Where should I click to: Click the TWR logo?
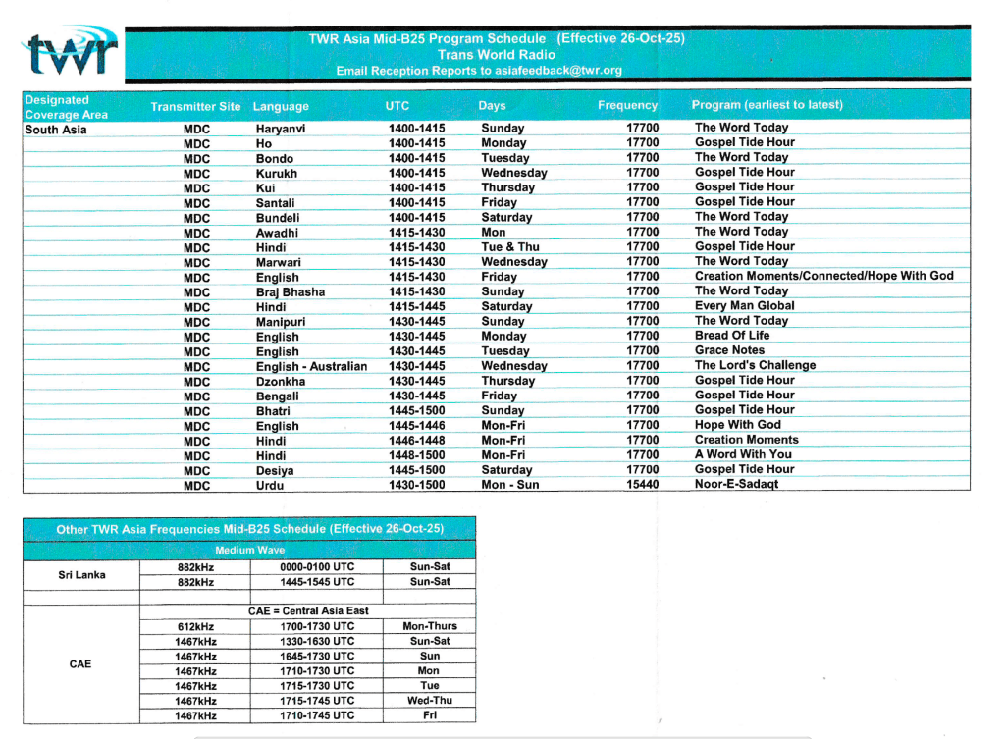(x=71, y=54)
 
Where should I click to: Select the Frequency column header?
(x=627, y=105)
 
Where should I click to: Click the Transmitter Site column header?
(x=195, y=106)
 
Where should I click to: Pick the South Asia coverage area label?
(x=56, y=130)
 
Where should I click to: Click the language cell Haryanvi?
(x=281, y=129)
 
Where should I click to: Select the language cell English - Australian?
(x=311, y=366)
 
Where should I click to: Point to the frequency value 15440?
(x=643, y=484)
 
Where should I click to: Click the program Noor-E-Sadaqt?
(x=736, y=484)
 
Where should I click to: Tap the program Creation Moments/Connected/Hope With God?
(x=823, y=276)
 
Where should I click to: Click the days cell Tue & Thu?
(x=509, y=247)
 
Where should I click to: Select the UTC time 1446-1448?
(x=416, y=441)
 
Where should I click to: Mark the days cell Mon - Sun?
(x=509, y=485)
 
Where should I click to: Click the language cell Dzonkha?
(x=281, y=381)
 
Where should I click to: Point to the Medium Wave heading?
(x=249, y=551)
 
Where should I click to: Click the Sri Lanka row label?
(x=80, y=574)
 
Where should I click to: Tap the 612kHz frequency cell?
(x=196, y=626)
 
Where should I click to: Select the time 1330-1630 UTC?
(x=316, y=641)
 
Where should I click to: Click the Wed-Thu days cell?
(x=429, y=701)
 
